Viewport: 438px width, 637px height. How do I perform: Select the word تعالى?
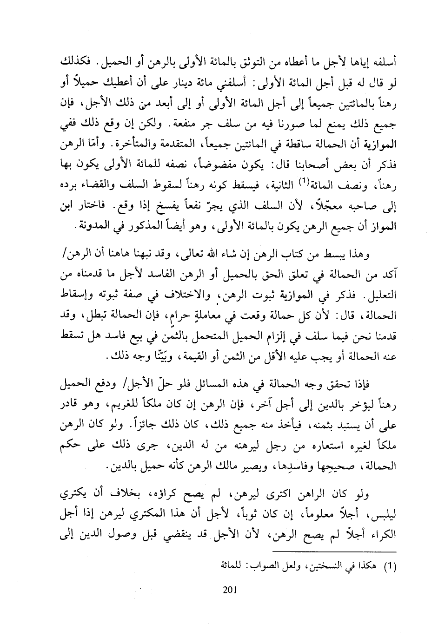point(181,254)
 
